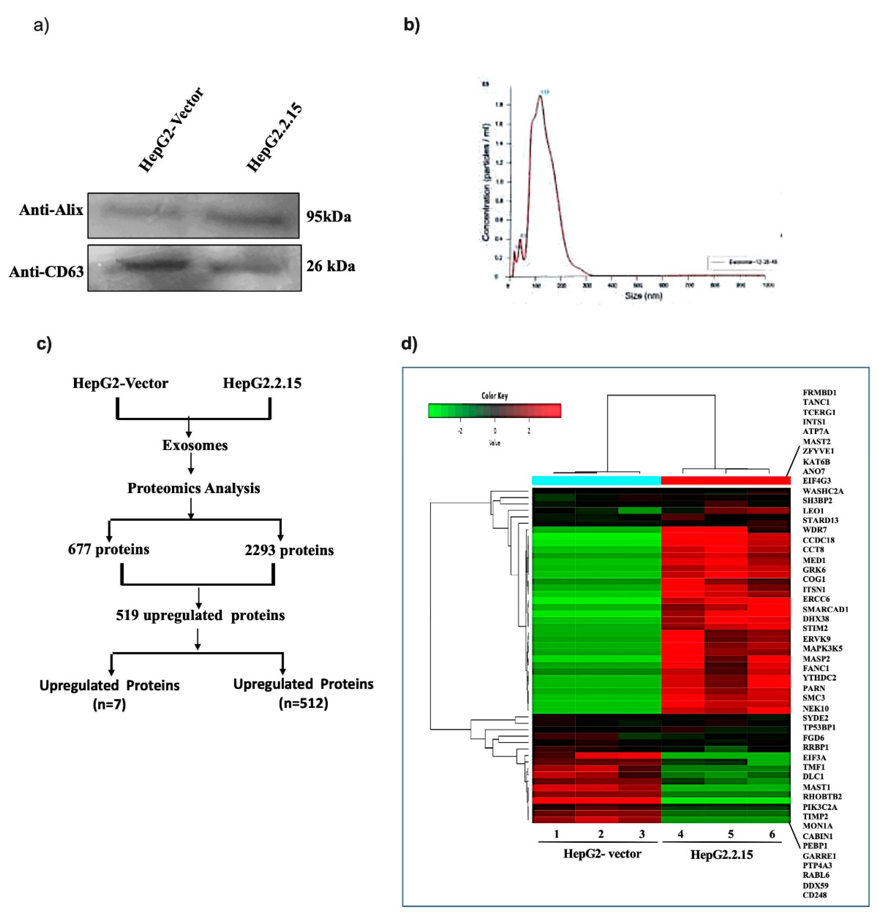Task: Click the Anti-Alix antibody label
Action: (51, 210)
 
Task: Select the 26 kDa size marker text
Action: (330, 266)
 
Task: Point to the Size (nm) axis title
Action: (643, 296)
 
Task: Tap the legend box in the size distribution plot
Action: (744, 262)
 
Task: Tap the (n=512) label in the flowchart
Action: (303, 703)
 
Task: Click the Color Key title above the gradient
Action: (494, 396)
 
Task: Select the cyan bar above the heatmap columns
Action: (596, 480)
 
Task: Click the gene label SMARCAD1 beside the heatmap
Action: (825, 609)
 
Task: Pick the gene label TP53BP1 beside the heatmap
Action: (819, 727)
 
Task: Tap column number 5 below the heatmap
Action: (730, 834)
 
